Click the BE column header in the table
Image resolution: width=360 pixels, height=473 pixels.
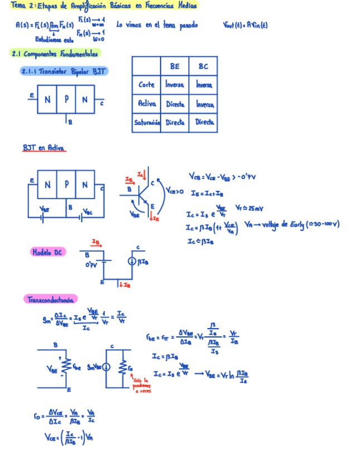174,66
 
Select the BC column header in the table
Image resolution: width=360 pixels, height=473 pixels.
203,66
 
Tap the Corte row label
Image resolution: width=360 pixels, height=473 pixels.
147,85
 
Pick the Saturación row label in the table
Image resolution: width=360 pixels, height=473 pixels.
147,122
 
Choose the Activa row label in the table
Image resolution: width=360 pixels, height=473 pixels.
147,104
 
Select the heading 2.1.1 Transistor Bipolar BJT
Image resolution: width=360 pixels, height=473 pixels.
64,71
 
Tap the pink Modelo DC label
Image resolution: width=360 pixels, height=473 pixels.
47,252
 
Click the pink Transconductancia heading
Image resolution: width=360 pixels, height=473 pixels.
50,300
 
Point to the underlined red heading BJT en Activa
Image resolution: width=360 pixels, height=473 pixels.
43,148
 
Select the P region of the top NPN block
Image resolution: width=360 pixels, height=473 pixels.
66,100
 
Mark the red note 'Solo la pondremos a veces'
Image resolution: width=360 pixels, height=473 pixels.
142,385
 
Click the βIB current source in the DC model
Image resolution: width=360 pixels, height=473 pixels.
131,260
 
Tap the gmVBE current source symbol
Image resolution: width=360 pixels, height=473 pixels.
107,367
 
